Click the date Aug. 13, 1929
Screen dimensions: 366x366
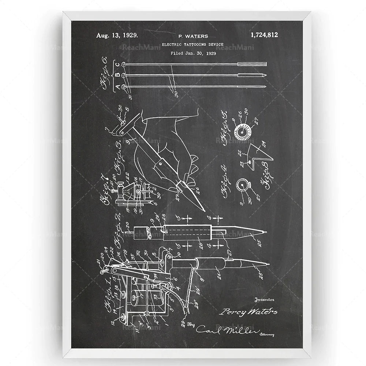tap(117, 36)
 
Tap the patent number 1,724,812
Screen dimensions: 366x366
tap(264, 35)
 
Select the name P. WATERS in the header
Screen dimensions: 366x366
tap(193, 36)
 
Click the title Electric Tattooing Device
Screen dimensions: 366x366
tap(193, 45)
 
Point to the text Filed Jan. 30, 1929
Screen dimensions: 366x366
tap(193, 53)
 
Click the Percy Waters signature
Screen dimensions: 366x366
tap(248, 311)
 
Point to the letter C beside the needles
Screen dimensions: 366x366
tap(117, 65)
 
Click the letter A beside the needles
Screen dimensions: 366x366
tap(117, 87)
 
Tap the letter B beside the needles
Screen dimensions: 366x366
tap(117, 76)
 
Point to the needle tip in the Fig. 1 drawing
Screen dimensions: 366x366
tap(268, 264)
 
